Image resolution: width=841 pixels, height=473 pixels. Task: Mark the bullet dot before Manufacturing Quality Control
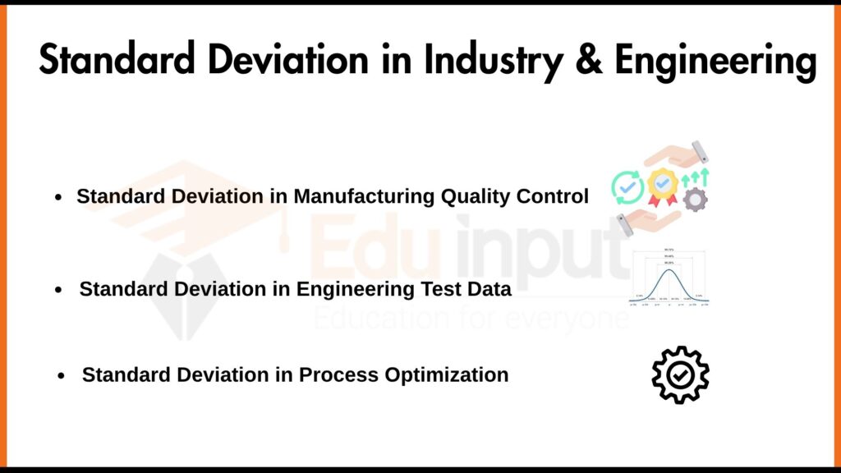(58, 199)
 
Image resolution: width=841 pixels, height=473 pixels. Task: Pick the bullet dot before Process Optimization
(62, 376)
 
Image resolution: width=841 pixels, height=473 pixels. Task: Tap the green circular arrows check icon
(627, 188)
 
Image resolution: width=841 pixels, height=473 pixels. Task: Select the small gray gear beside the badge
(696, 199)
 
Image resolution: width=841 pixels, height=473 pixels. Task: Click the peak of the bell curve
(669, 270)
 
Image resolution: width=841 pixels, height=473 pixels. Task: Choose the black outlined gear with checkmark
(680, 375)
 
